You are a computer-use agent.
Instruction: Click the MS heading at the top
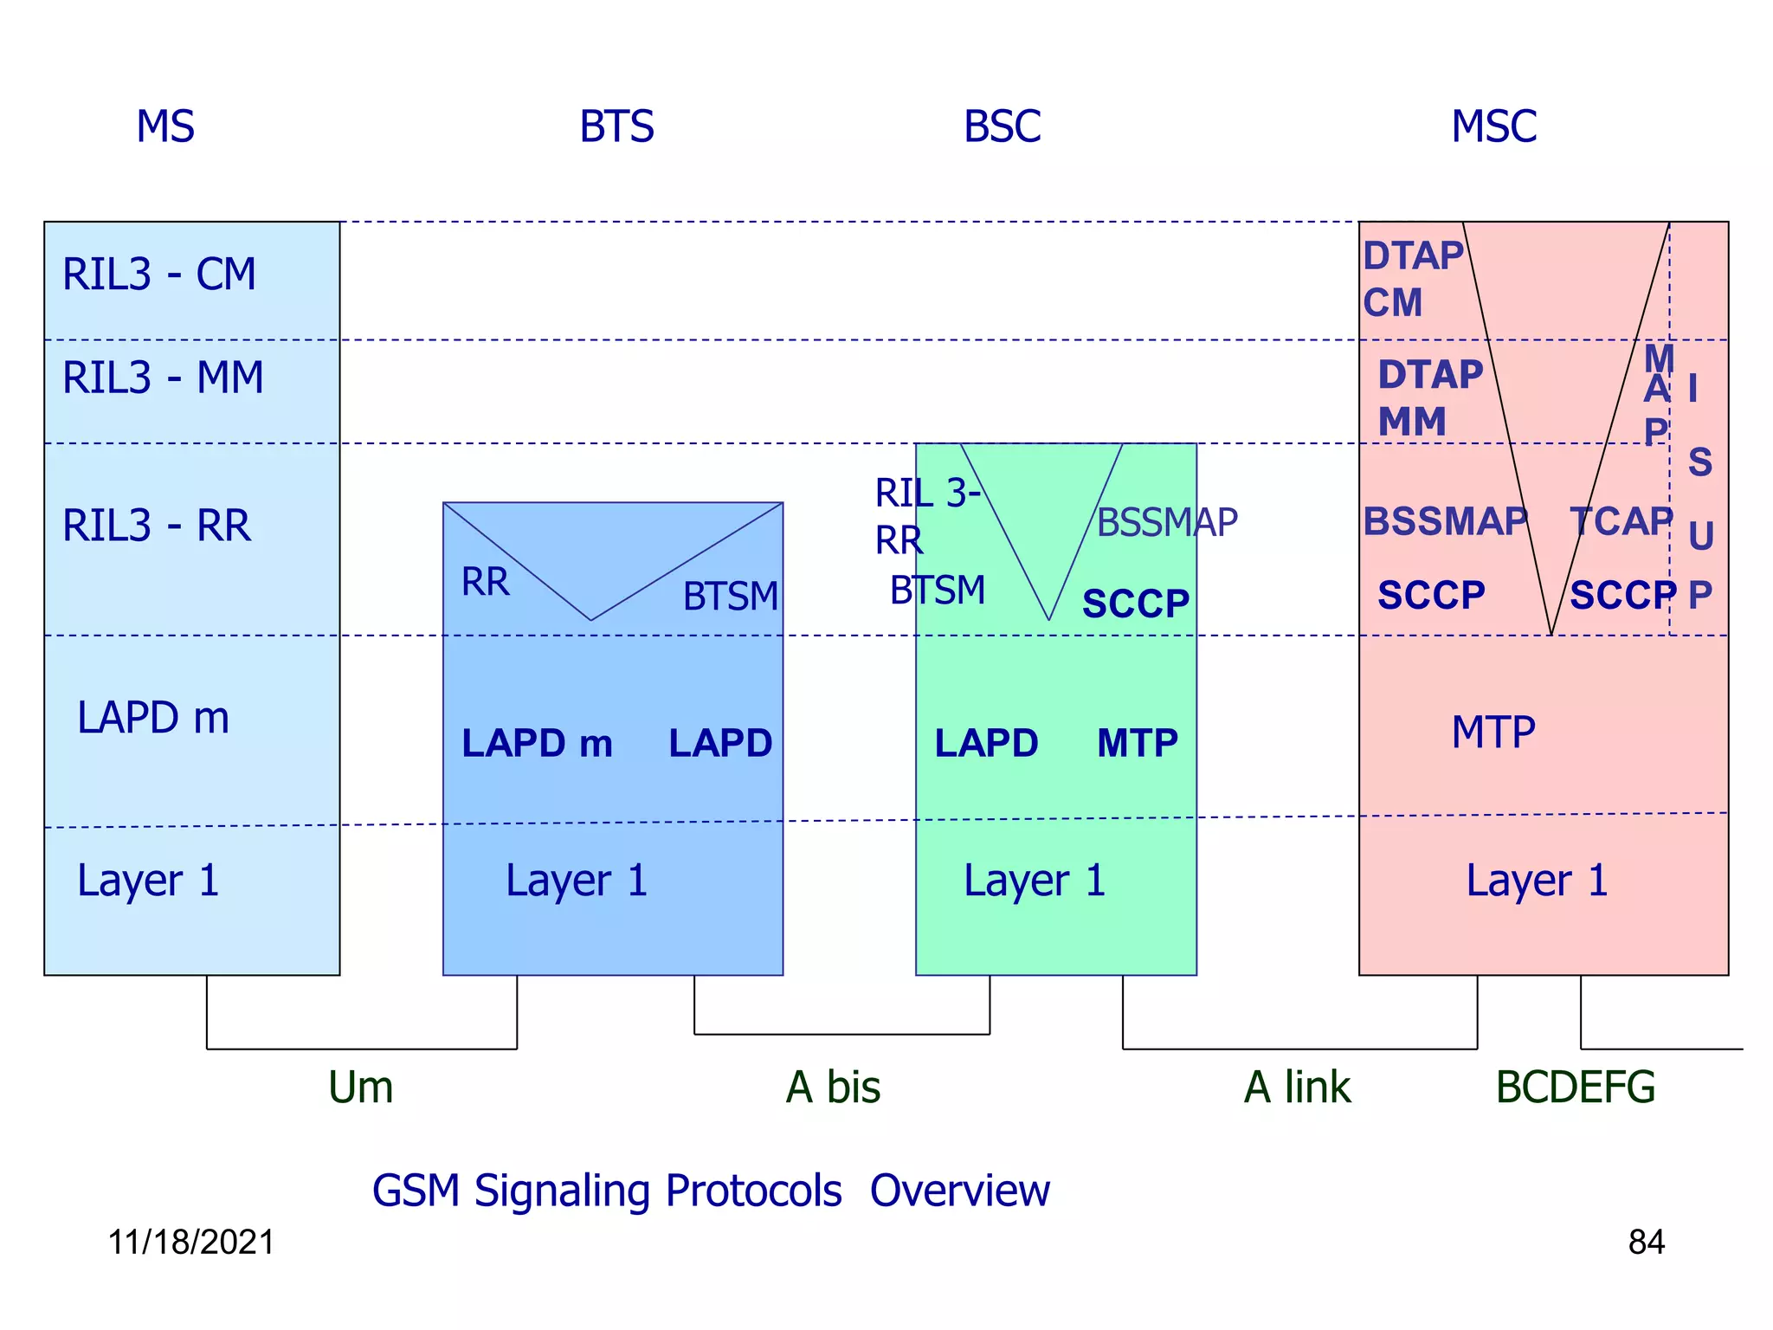tap(165, 126)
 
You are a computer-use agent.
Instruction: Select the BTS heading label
tap(616, 126)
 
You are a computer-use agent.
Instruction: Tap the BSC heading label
tap(1002, 126)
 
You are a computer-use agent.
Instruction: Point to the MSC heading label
tap(1493, 126)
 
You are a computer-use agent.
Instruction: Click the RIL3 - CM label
tap(159, 274)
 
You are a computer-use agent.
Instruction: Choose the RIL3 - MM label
tap(163, 378)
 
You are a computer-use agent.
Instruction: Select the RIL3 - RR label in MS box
tap(157, 526)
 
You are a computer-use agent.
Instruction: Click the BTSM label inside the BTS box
tap(730, 596)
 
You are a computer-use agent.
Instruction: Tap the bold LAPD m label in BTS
tap(537, 743)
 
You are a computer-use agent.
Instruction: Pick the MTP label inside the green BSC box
tap(1137, 743)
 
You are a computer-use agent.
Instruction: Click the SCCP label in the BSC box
tap(1135, 604)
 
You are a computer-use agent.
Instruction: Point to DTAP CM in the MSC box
tap(1411, 279)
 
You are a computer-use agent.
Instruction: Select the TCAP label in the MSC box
tap(1621, 521)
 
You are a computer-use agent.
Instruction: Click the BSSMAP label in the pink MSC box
tap(1445, 521)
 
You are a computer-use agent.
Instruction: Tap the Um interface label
tap(360, 1087)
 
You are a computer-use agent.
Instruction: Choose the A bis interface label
tap(833, 1087)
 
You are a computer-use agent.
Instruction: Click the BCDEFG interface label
tap(1575, 1087)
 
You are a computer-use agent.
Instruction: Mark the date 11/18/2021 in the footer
tap(191, 1242)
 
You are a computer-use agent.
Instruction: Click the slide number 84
tap(1646, 1242)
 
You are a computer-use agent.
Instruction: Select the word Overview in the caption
tap(959, 1190)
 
